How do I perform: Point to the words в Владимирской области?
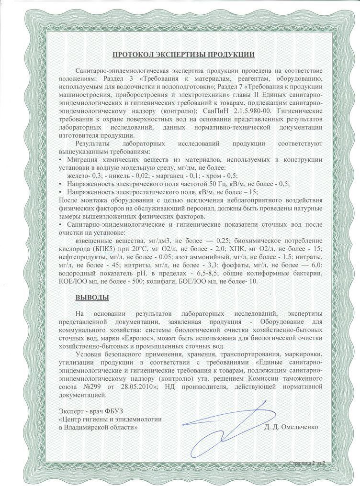pyautogui.click(x=98, y=425)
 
